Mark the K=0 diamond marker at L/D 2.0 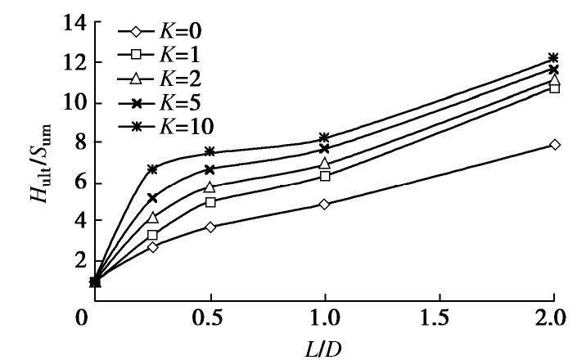click(x=554, y=145)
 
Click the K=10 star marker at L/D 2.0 click(x=554, y=58)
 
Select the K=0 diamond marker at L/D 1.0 click(x=325, y=204)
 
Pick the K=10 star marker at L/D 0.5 click(x=210, y=152)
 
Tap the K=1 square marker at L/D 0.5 click(x=210, y=202)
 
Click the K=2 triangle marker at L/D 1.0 click(x=325, y=164)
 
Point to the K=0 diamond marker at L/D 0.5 click(x=210, y=227)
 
